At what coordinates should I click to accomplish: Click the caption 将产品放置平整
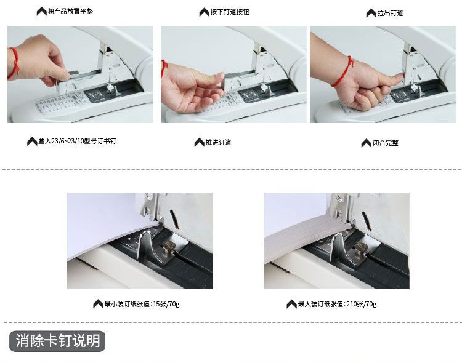click(71, 12)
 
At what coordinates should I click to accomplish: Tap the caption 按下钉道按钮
click(230, 12)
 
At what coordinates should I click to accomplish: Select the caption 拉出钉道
click(390, 14)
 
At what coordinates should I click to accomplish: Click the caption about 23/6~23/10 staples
click(77, 141)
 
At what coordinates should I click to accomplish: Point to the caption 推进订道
click(218, 143)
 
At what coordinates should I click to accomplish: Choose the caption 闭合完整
click(386, 143)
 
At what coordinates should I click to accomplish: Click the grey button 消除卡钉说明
click(57, 341)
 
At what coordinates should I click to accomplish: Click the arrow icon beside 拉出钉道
click(371, 14)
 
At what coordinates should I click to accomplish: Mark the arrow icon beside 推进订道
click(200, 142)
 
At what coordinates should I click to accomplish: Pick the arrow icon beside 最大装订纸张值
click(291, 304)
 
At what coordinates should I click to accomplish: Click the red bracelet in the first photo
click(14, 63)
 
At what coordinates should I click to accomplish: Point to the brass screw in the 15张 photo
click(168, 247)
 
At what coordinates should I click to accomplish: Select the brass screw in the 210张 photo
click(361, 249)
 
